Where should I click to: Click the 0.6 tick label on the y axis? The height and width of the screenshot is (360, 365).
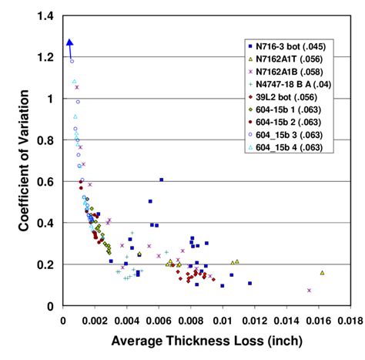(x=49, y=182)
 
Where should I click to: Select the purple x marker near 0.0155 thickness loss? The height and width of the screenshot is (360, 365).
(x=309, y=291)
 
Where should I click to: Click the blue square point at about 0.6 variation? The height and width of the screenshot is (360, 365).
(x=161, y=180)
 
